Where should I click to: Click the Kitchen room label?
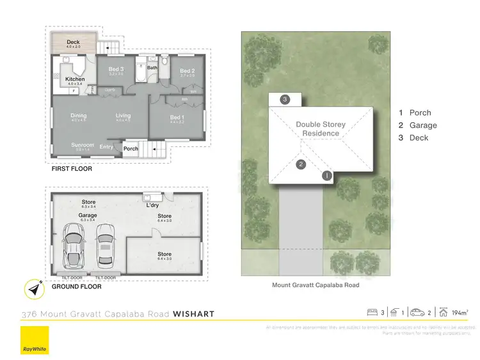75,79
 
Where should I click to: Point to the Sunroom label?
83,145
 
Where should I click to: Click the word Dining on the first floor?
78,116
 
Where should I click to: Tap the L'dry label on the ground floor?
152,205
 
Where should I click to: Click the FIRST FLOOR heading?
72,169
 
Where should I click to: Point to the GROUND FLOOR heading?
76,286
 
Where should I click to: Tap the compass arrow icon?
34,290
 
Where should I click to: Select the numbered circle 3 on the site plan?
285,99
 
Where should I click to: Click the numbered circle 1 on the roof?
326,175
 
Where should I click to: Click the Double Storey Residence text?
320,129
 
